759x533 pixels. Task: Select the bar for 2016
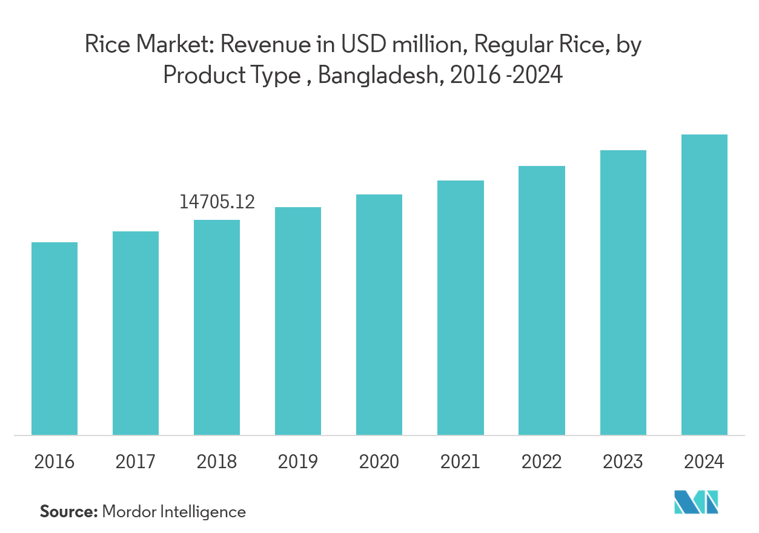[55, 339]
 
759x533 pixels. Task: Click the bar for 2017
[136, 333]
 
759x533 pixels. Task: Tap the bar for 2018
[217, 327]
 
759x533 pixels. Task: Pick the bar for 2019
[298, 321]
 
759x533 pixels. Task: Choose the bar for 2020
[379, 314]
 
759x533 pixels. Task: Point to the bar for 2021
[460, 308]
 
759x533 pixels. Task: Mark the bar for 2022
[542, 300]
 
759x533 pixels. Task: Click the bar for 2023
[623, 293]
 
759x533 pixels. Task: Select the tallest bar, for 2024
[704, 285]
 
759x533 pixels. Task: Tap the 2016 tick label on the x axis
[55, 462]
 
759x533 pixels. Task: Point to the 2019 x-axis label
[298, 462]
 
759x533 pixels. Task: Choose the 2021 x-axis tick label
[460, 462]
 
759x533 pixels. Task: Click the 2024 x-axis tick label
[704, 462]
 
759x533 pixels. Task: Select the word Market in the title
[173, 45]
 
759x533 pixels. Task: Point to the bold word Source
[68, 512]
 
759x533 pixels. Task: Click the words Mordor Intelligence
[174, 512]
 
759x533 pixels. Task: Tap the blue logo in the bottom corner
[697, 502]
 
